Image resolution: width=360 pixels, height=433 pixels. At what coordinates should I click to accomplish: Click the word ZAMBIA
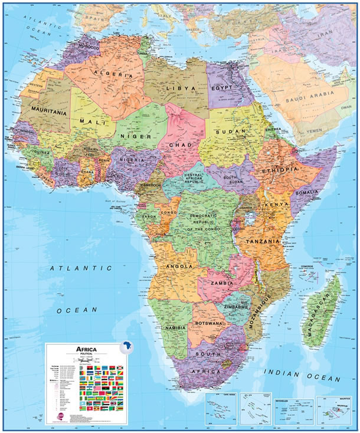click(x=219, y=283)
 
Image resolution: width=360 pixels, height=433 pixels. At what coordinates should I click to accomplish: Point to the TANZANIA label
click(x=258, y=241)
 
